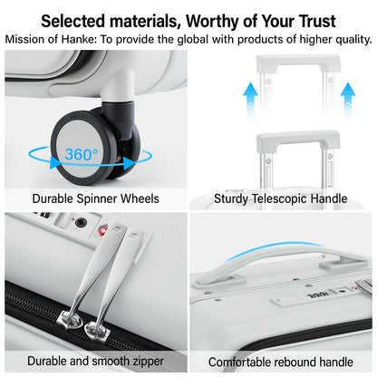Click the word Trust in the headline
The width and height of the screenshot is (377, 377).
[308, 20]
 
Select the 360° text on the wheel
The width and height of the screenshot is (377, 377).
[82, 154]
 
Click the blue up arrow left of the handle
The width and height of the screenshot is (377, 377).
[251, 92]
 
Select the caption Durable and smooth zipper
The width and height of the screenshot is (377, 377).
[95, 361]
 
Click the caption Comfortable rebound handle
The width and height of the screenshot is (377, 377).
[282, 361]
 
